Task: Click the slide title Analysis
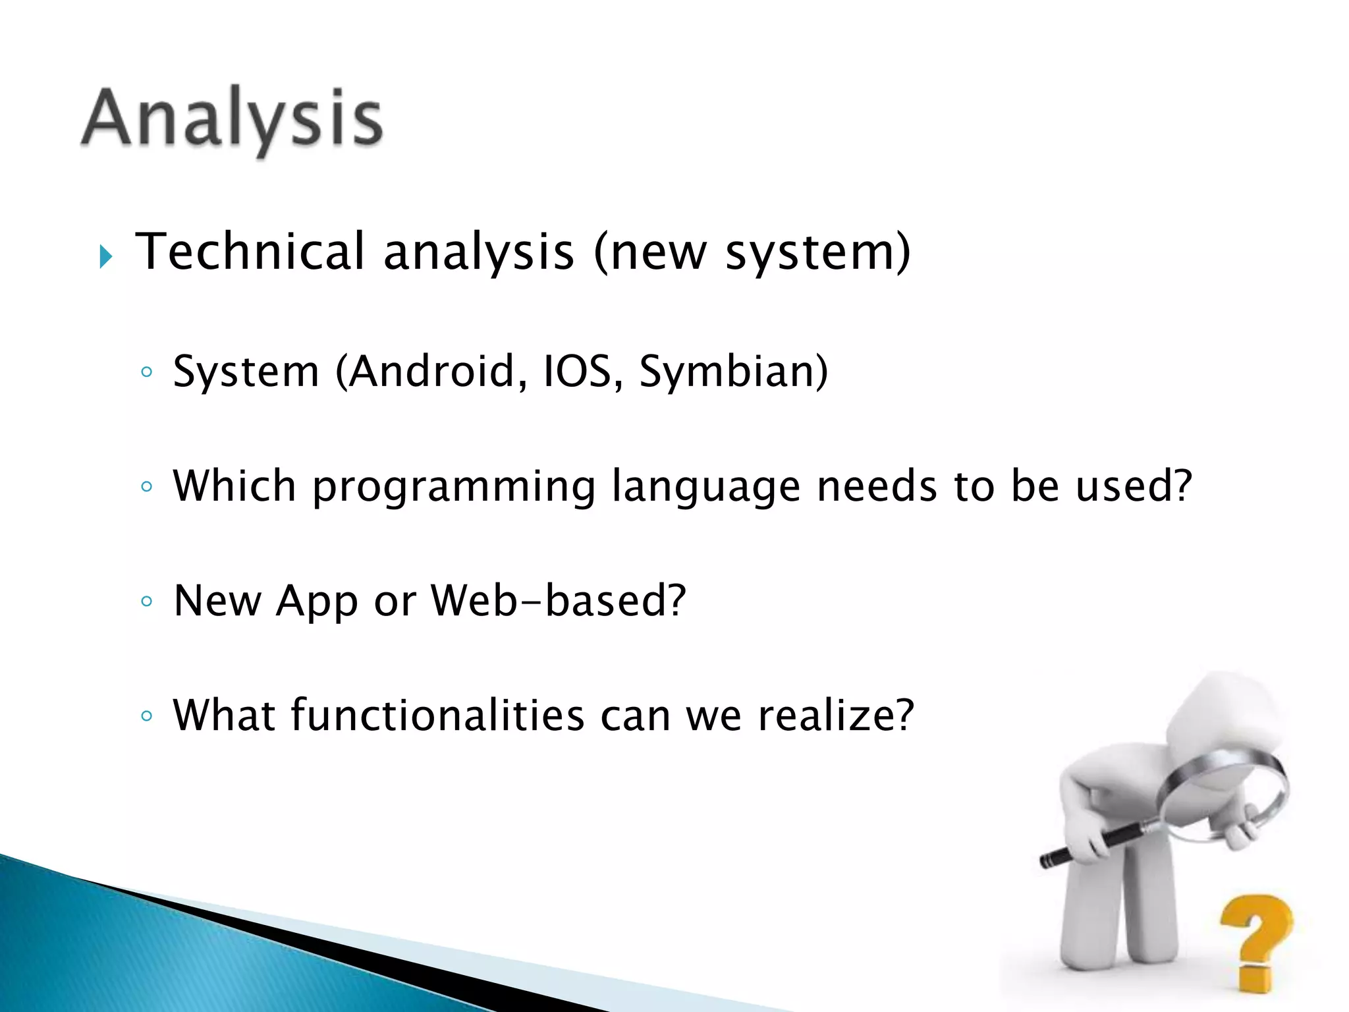[x=232, y=119]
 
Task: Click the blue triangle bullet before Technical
[x=106, y=256]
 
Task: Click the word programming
[x=454, y=488]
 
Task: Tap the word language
[x=705, y=488]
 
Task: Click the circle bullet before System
[x=147, y=372]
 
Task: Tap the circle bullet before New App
[x=147, y=601]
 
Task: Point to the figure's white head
[x=1225, y=718]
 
